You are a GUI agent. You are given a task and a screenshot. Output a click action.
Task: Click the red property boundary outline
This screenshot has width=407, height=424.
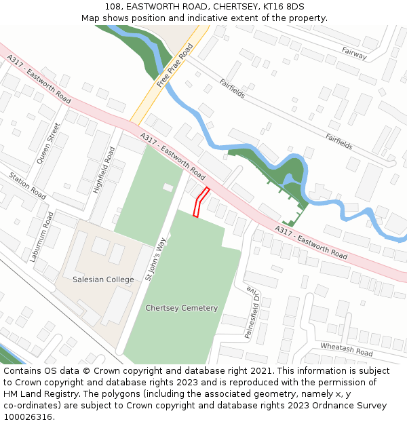coord(201,201)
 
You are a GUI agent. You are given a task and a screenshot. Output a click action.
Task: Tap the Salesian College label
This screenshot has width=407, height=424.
coord(103,280)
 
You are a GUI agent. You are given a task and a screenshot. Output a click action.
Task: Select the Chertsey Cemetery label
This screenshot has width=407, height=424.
coord(182,308)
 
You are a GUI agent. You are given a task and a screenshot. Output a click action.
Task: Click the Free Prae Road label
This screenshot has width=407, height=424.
coord(175,66)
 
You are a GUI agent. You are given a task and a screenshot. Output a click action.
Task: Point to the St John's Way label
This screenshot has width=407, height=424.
coord(155,258)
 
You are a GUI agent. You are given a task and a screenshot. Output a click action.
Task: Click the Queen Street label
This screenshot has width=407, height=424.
coord(48,143)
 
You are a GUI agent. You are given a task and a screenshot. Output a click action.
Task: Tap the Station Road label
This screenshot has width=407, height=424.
coord(27,186)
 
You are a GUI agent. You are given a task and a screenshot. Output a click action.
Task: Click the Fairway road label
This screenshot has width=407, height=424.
coord(354,53)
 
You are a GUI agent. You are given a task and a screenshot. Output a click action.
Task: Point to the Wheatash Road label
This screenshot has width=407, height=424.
coord(347,350)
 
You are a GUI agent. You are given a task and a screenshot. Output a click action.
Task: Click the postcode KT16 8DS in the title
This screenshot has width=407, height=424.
coord(279,6)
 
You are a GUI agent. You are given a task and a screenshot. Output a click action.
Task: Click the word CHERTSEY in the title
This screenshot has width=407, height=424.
coord(226,6)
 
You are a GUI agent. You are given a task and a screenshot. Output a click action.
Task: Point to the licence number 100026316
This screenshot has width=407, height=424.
coord(27,417)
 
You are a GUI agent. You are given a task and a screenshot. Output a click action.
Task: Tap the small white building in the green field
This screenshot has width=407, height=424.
coord(168,187)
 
